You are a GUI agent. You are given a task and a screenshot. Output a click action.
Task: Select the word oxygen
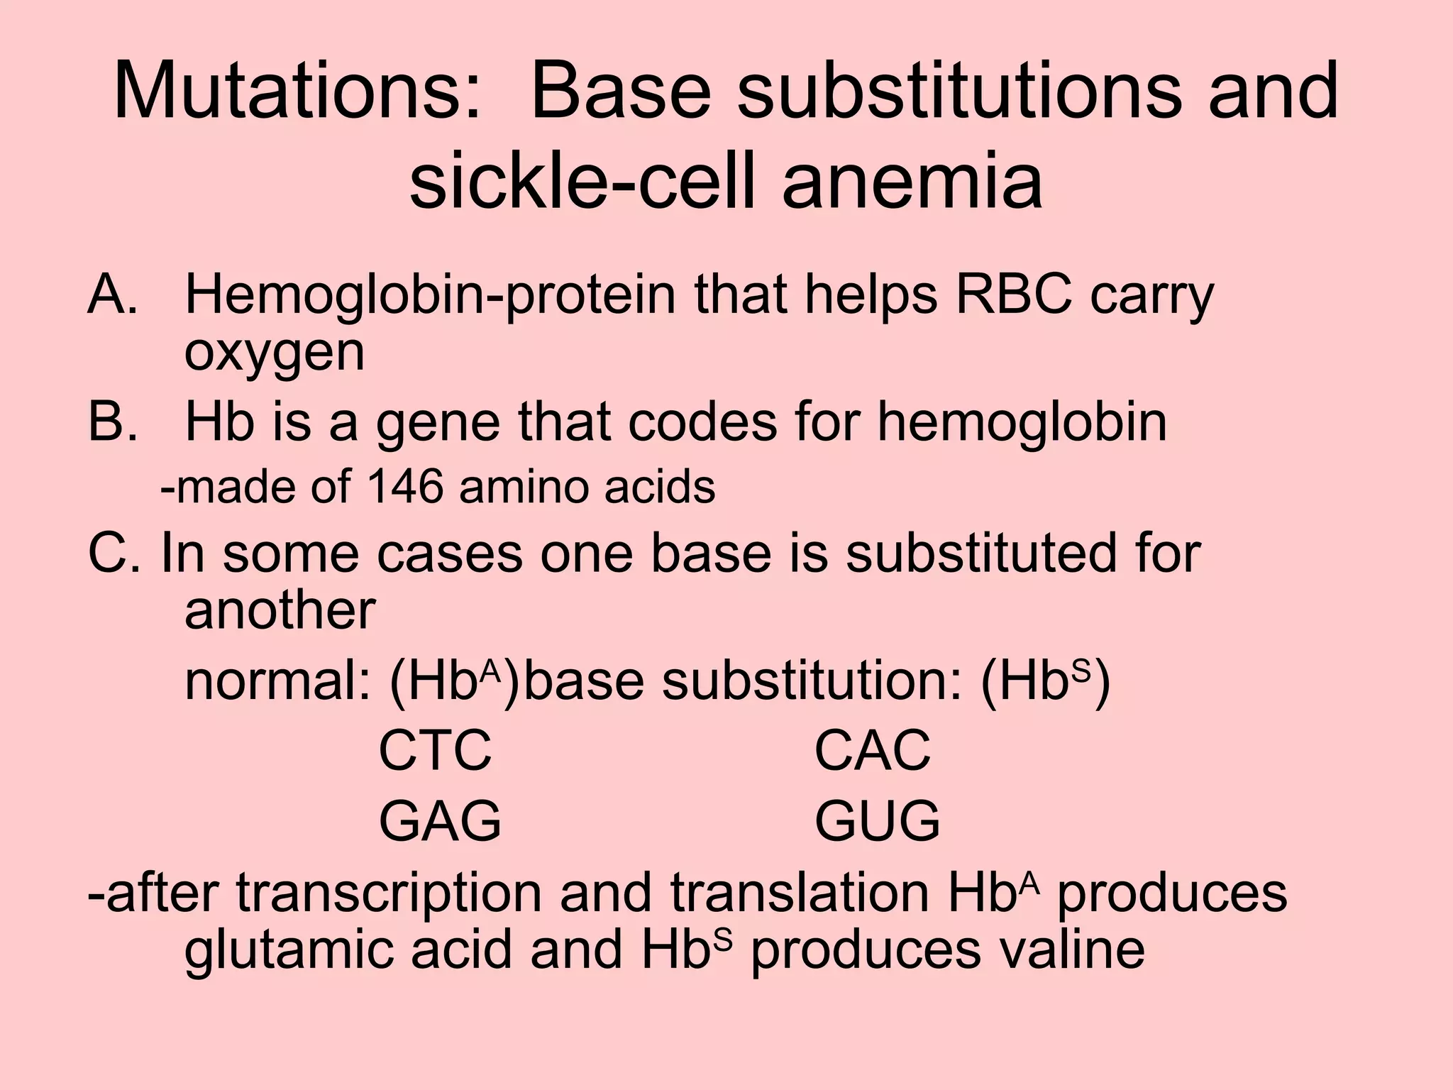(x=275, y=353)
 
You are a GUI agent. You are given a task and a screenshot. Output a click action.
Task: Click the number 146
(x=407, y=487)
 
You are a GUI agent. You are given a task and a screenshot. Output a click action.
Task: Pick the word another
(x=280, y=610)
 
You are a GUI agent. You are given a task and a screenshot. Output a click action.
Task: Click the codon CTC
(x=435, y=750)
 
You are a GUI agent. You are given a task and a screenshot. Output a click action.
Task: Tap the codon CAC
(x=872, y=750)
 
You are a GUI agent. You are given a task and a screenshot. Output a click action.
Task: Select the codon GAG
(x=440, y=821)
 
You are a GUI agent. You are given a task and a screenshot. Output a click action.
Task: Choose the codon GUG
(x=877, y=821)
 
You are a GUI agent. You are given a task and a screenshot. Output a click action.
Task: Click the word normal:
(x=277, y=681)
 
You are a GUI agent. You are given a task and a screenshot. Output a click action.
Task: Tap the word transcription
(x=389, y=893)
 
